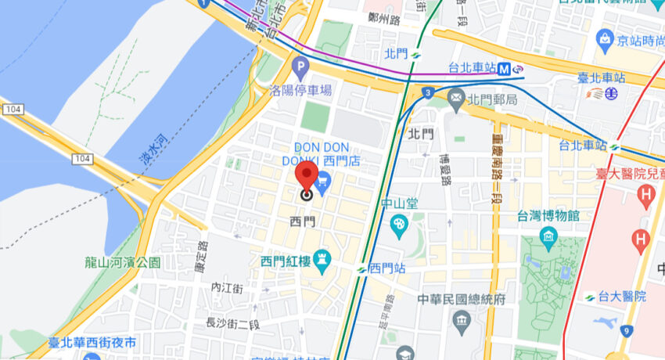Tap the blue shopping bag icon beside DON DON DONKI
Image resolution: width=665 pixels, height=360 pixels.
[324, 181]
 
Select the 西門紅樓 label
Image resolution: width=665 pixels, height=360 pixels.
[286, 261]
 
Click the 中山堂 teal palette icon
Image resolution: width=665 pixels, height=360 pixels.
[399, 225]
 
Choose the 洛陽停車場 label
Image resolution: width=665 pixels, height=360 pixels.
[300, 90]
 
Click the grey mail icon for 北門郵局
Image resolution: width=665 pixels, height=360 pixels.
[456, 99]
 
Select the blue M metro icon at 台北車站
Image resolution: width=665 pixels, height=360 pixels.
[507, 69]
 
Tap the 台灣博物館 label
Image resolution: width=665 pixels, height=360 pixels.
[548, 215]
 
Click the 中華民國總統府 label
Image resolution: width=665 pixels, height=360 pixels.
[462, 300]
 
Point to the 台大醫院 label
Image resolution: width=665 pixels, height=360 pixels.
[623, 297]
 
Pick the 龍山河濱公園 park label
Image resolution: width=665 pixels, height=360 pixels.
[124, 263]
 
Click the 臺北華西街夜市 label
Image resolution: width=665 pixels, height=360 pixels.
[92, 343]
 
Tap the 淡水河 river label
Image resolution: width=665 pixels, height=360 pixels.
[149, 146]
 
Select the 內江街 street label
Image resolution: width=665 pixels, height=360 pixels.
[228, 289]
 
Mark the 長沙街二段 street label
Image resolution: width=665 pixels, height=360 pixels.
[232, 322]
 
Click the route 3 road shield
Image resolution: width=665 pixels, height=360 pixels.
[428, 93]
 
